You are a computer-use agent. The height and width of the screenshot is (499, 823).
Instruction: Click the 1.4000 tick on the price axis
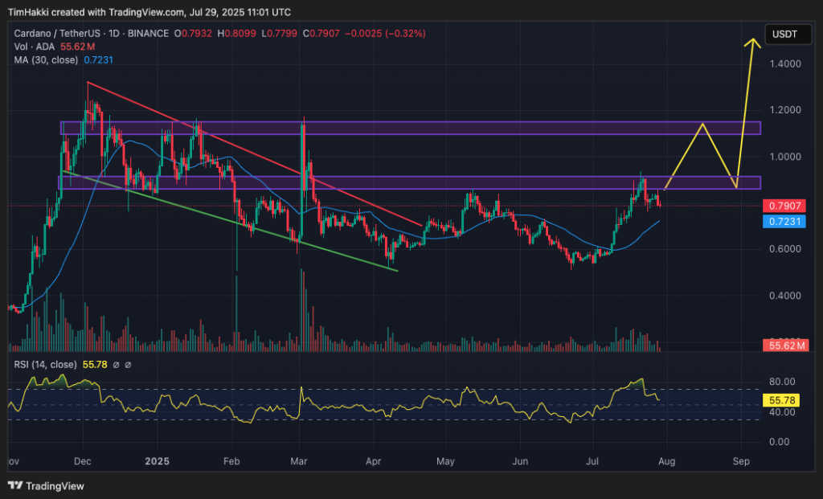point(786,63)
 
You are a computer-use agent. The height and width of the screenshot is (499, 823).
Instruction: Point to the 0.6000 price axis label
point(786,249)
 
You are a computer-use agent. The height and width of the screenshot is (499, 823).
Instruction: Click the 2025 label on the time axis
point(158,462)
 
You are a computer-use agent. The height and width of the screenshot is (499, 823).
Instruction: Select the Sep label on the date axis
point(741,462)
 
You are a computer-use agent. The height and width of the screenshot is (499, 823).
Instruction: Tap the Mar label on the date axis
point(299,462)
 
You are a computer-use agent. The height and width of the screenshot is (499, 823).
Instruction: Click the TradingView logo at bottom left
point(46,486)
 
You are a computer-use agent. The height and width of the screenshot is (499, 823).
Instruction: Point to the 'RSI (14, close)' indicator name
point(45,364)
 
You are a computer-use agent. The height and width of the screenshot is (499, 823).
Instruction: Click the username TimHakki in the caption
point(27,12)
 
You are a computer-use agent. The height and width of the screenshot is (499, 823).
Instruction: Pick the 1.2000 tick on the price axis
point(786,110)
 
